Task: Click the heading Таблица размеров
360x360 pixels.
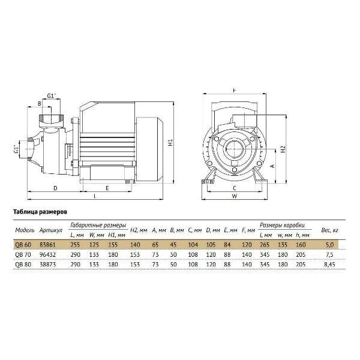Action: (40, 212)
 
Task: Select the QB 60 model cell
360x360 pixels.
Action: (23, 245)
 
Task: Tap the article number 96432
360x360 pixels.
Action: (48, 254)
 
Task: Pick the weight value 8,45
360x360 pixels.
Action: (329, 265)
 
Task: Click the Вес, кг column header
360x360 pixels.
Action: (329, 230)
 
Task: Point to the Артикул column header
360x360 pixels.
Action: (51, 230)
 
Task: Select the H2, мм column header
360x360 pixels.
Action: (139, 230)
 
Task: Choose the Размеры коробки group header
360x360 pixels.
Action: (282, 225)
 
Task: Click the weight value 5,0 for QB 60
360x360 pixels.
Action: (329, 245)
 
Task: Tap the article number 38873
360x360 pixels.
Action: (48, 265)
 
